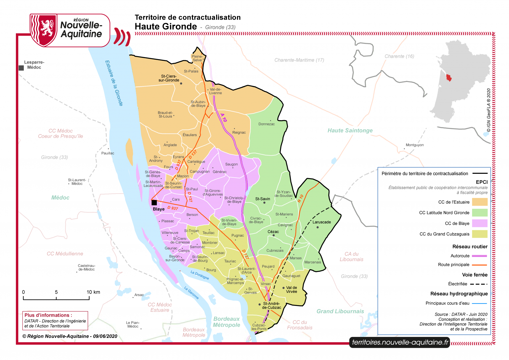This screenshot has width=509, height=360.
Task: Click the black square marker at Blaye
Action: point(154,203)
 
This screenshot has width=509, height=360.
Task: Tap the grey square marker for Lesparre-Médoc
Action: point(21,68)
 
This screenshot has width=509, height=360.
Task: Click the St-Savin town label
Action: point(262,199)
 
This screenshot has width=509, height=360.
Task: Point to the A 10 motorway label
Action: point(224,118)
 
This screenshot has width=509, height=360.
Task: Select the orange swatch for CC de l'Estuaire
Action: point(480,202)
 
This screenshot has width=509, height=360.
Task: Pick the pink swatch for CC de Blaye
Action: point(480,223)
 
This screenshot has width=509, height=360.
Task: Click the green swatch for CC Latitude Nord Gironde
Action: point(480,213)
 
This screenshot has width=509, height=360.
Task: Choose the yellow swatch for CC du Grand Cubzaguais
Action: point(480,234)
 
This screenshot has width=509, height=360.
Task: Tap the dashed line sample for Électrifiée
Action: point(479,284)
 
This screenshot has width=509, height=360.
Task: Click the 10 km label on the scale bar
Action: point(93,292)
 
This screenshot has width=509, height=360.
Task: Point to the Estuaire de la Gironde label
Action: point(114,83)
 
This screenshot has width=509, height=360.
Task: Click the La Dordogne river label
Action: point(200,275)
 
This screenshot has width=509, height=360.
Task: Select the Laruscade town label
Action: point(322,222)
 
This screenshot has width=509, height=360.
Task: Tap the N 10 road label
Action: point(300,198)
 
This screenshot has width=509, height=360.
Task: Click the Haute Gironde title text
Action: point(166,27)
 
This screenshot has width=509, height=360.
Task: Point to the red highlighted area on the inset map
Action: point(449,78)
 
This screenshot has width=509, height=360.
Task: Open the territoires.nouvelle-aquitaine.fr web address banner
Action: point(400,342)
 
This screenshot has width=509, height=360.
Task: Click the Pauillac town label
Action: point(108,153)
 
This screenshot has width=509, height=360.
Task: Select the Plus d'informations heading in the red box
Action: point(48,315)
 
